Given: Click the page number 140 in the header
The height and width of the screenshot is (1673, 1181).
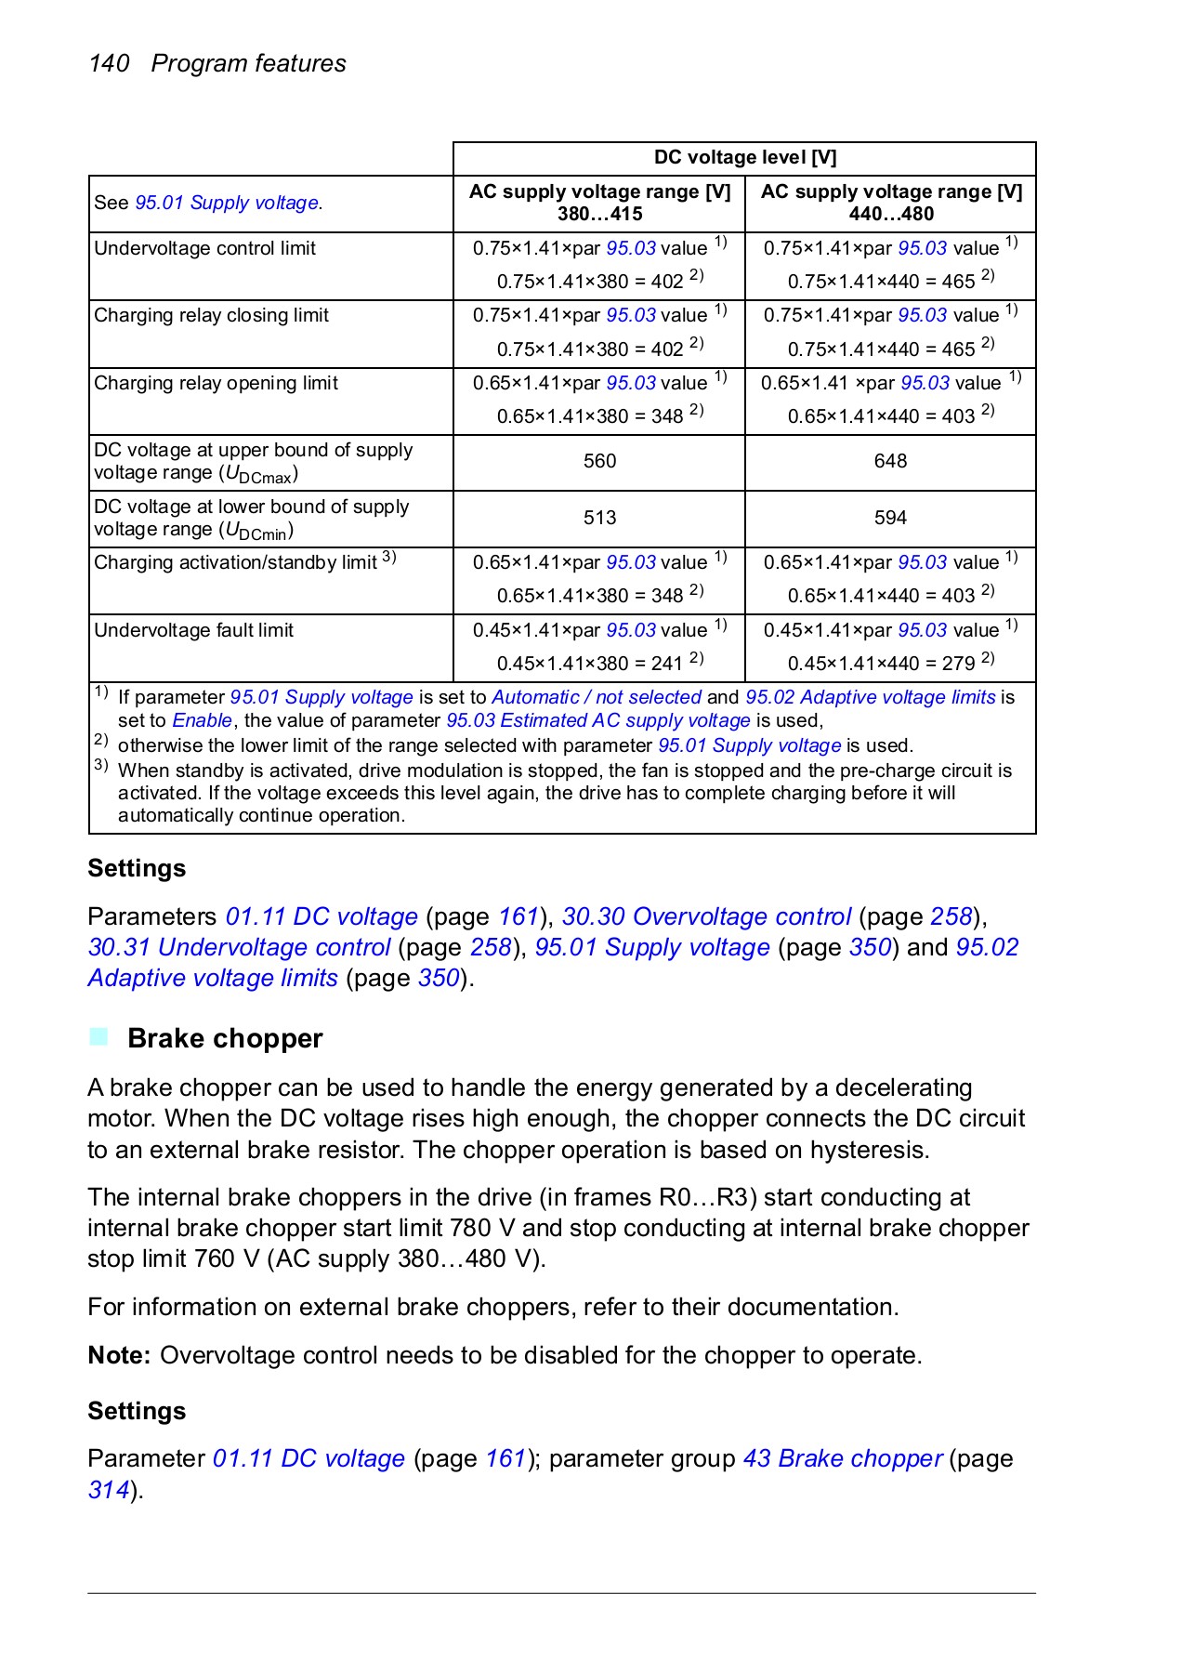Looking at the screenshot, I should [109, 63].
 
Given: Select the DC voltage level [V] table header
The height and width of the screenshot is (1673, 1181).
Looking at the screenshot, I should [744, 158].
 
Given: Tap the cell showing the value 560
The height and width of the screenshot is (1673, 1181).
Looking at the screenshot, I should [599, 461].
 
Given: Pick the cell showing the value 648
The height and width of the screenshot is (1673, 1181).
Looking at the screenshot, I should [890, 461].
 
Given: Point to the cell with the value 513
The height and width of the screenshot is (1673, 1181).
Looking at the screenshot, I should [599, 518].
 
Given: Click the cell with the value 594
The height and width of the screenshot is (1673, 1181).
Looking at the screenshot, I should [890, 518].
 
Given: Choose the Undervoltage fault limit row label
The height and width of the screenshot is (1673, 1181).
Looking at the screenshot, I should [193, 630].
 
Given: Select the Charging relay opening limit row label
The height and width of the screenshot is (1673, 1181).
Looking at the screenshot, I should [216, 383].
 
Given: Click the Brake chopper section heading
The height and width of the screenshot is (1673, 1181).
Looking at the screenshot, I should [225, 1038].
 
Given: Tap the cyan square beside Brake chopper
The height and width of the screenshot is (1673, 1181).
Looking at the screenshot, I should [98, 1036].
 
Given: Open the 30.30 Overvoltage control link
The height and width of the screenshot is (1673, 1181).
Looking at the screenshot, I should [706, 916].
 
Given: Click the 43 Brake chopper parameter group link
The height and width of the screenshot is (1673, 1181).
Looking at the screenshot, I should [842, 1458].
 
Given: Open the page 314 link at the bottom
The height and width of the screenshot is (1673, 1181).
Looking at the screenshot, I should [108, 1490].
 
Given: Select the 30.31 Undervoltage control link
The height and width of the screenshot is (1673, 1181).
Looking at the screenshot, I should [239, 947].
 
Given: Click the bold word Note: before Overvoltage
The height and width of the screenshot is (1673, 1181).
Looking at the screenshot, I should [119, 1355].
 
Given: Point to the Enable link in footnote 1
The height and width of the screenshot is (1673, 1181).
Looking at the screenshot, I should [202, 720].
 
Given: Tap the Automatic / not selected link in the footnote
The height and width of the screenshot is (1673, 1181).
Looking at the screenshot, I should [596, 697].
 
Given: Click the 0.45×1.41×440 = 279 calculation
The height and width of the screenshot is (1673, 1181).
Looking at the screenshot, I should [882, 664].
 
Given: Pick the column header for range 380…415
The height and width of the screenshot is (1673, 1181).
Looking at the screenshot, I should [599, 203].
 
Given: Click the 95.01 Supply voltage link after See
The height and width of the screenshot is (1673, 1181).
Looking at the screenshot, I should [227, 203].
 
